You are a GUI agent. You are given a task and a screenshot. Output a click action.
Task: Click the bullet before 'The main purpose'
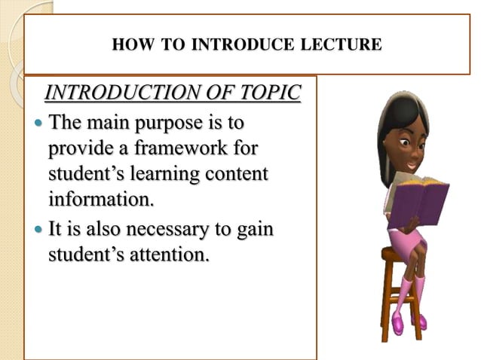40,121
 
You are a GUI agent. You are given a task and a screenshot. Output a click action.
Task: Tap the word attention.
163,255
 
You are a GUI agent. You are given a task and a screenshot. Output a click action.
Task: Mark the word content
237,173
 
